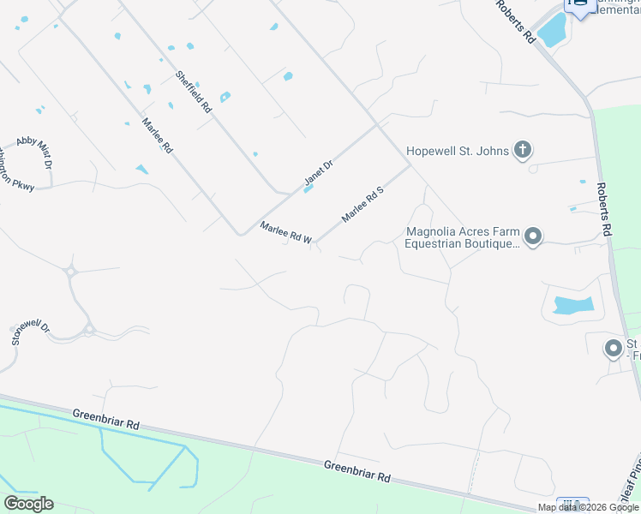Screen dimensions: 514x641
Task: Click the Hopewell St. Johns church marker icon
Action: tap(522, 151)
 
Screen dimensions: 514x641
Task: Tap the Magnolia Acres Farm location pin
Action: tap(533, 236)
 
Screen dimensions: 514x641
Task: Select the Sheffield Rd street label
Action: tap(194, 92)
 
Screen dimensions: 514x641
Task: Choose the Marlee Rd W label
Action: tap(286, 233)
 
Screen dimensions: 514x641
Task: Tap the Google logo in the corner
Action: tap(28, 504)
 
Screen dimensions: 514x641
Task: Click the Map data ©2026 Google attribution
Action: tap(589, 507)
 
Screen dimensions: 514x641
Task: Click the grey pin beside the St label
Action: tap(613, 349)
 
